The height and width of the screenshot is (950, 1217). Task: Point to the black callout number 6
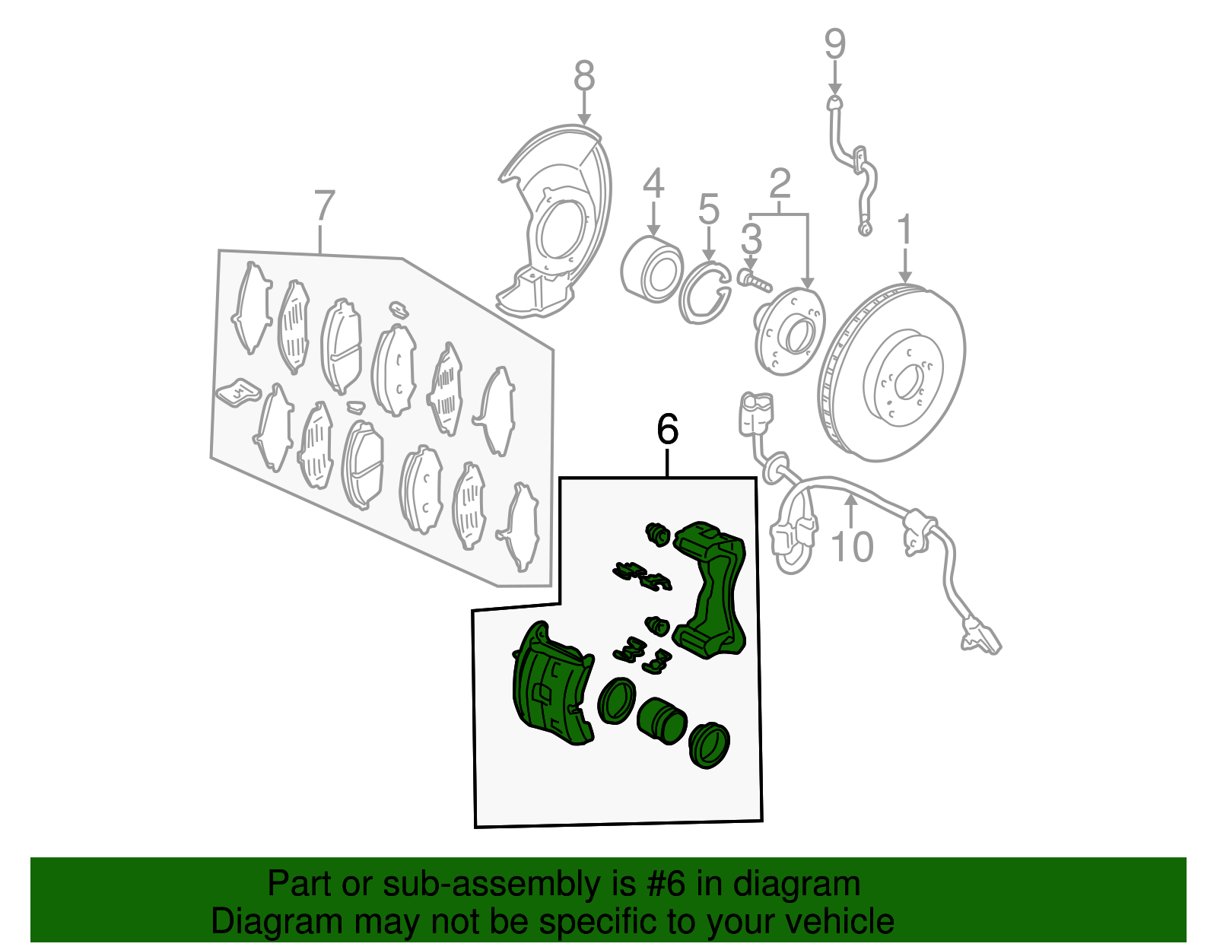click(668, 430)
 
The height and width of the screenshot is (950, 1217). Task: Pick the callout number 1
click(904, 230)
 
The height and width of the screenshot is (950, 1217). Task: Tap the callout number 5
click(708, 209)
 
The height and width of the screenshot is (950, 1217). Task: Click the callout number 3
click(751, 239)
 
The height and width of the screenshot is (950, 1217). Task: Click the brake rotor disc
click(891, 372)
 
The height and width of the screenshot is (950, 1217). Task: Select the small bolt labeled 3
click(754, 281)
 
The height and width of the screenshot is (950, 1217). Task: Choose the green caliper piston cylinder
click(662, 720)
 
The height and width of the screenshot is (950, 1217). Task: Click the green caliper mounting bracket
click(709, 589)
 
